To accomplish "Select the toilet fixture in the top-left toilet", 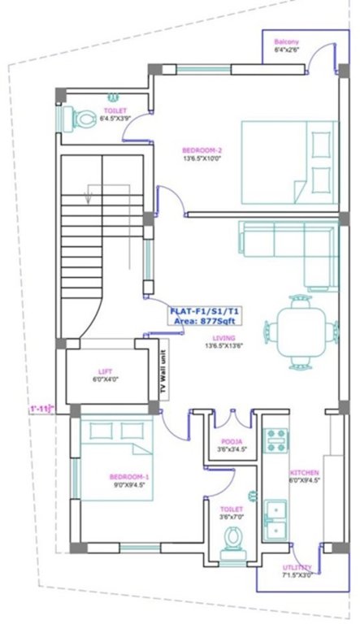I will click(80, 119).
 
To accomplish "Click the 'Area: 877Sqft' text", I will click(203, 321).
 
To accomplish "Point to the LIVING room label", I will click(223, 338).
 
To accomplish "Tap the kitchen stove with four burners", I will click(276, 441).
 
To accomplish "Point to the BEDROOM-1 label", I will click(129, 476).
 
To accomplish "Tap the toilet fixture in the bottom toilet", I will click(233, 539).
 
